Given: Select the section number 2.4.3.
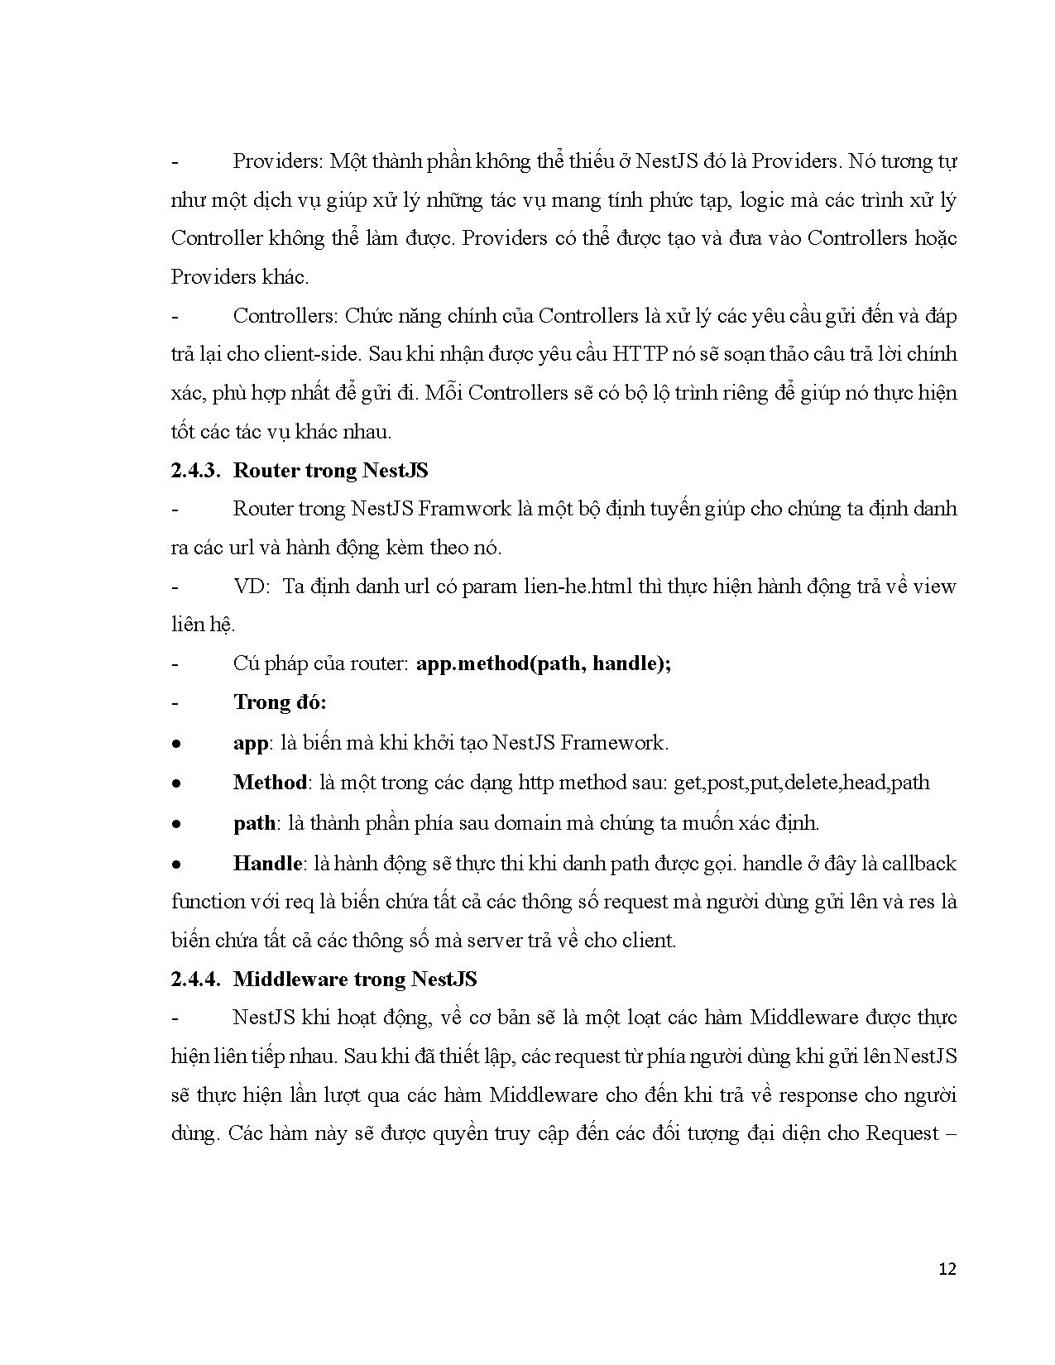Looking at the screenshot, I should pyautogui.click(x=194, y=471).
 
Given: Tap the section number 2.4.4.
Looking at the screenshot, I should pyautogui.click(x=194, y=979).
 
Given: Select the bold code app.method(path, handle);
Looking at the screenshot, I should pyautogui.click(x=543, y=663).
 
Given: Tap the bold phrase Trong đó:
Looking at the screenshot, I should pyautogui.click(x=280, y=702).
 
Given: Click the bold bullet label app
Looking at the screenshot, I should pyautogui.click(x=250, y=743).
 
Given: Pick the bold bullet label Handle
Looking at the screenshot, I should pyautogui.click(x=267, y=863).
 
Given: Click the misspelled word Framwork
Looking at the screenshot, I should pyautogui.click(x=465, y=508).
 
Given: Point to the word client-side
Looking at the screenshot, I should pyautogui.click(x=313, y=354).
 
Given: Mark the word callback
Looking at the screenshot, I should pyautogui.click(x=918, y=863).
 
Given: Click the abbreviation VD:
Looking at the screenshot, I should pyautogui.click(x=252, y=587).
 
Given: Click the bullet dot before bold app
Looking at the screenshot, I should pyautogui.click(x=176, y=744).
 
